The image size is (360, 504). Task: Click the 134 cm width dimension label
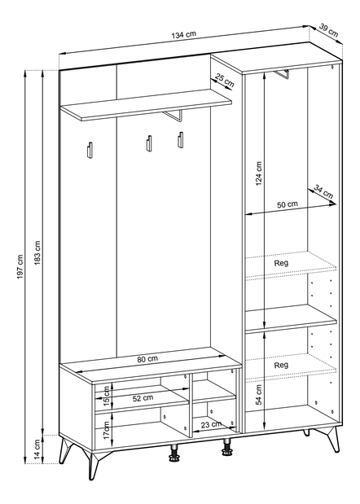[183, 34]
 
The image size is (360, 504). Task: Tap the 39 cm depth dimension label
[329, 30]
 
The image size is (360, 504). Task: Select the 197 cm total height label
[20, 266]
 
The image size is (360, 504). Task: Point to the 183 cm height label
[37, 252]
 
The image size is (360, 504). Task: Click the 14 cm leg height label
[37, 449]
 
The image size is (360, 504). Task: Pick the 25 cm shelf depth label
[225, 81]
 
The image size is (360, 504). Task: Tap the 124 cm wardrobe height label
[259, 173]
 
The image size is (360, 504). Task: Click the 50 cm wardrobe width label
[288, 204]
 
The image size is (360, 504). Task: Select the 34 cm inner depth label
[323, 192]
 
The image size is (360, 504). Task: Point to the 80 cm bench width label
[148, 359]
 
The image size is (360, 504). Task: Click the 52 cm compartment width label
[143, 398]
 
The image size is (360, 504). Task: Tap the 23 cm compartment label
[211, 425]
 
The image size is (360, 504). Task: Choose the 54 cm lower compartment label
[259, 395]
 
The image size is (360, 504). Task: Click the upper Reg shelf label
[281, 263]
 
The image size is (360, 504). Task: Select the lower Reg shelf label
[281, 365]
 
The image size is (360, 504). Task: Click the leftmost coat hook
[90, 150]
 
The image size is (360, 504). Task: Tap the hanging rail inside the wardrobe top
[282, 74]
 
